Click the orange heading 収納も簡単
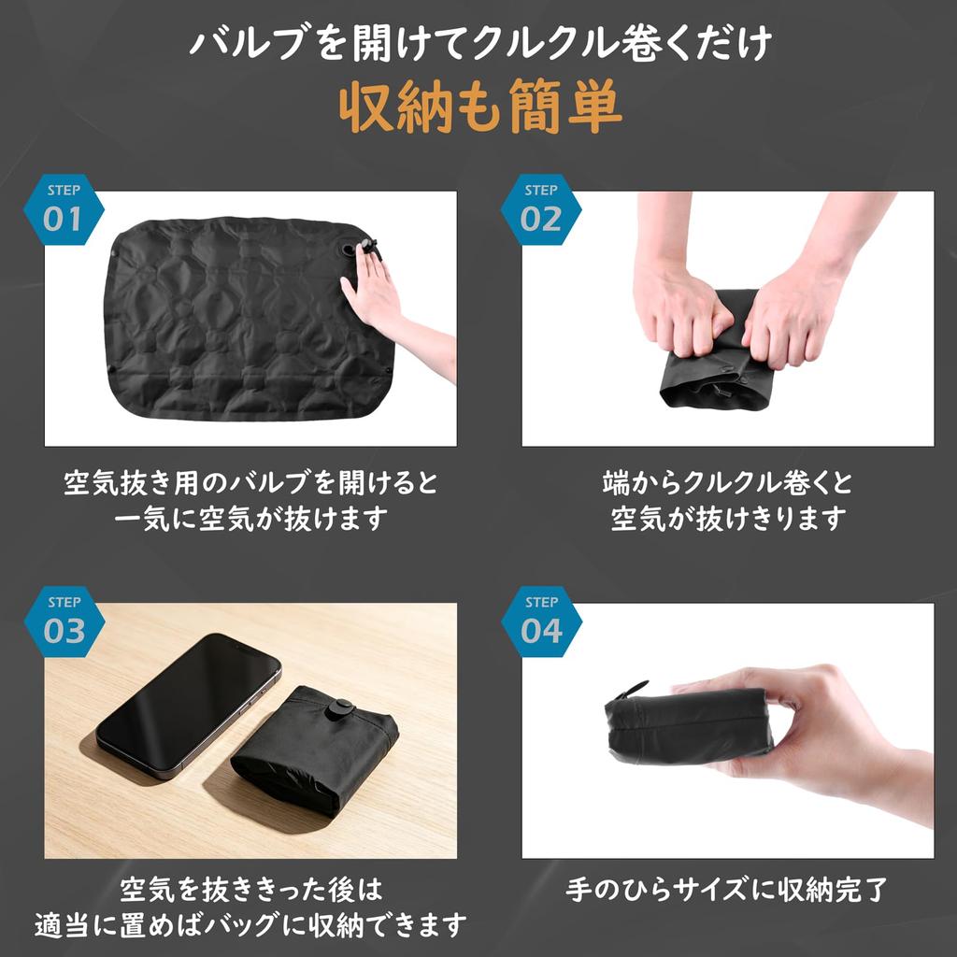(x=480, y=107)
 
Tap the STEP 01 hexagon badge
(x=64, y=209)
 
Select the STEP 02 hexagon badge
(x=541, y=209)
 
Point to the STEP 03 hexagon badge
(x=64, y=621)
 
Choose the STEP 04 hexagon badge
(x=541, y=621)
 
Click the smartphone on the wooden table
(x=189, y=705)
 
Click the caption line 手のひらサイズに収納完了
(x=726, y=890)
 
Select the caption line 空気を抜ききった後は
(x=250, y=890)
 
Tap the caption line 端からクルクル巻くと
(x=727, y=482)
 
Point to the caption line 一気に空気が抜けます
(x=250, y=519)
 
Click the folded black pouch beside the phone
(x=314, y=750)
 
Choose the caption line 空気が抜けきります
(x=728, y=519)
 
